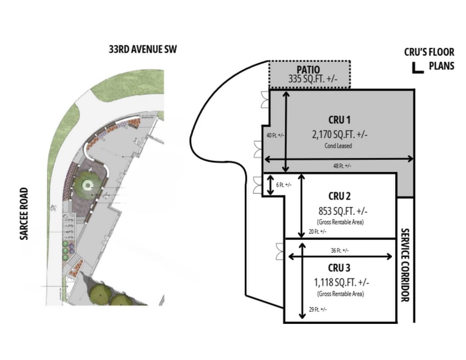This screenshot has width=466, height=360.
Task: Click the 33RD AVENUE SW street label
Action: click(x=143, y=50)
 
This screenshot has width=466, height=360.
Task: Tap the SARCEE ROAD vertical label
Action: click(x=24, y=214)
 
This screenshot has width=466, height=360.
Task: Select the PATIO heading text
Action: click(x=308, y=70)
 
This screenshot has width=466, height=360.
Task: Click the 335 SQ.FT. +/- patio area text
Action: click(x=313, y=79)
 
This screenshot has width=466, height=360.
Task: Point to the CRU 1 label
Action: click(x=339, y=120)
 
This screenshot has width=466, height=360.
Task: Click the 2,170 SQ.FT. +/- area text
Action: click(x=340, y=135)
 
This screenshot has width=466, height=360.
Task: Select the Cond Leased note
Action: click(x=338, y=146)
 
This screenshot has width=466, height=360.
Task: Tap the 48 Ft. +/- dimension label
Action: click(x=342, y=166)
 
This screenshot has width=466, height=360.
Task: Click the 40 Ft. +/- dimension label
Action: click(x=275, y=135)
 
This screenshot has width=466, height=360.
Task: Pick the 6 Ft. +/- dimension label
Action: click(x=284, y=185)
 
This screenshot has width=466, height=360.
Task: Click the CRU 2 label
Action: click(x=339, y=197)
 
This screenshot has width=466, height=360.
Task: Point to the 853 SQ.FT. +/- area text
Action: click(x=343, y=211)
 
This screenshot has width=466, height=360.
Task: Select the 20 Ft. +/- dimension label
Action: click(x=317, y=231)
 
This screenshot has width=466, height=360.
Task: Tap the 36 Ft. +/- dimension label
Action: click(x=340, y=250)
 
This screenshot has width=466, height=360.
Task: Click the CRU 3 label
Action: click(x=339, y=268)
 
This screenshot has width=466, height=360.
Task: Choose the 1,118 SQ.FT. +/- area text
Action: click(x=342, y=282)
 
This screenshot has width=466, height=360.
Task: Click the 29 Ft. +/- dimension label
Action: click(x=318, y=310)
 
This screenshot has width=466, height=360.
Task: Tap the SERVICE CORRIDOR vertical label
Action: click(x=405, y=265)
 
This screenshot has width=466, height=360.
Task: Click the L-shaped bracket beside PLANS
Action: click(x=416, y=69)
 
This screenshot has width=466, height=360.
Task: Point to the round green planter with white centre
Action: click(x=88, y=186)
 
